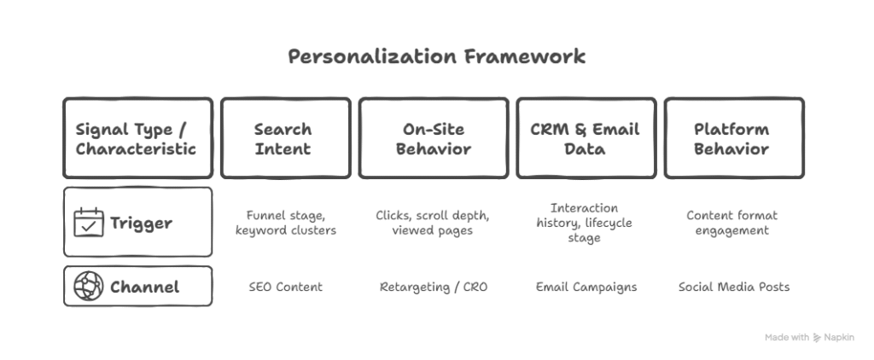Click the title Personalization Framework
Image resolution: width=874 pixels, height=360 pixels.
[x=436, y=56]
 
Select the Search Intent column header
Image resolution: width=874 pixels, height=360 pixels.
[x=285, y=138]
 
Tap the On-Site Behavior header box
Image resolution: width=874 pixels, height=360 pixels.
[x=433, y=138]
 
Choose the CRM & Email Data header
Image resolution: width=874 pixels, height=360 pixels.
[x=586, y=138]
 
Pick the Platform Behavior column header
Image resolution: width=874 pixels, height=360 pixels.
[x=733, y=138]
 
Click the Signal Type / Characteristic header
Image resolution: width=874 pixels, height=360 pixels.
[x=137, y=138]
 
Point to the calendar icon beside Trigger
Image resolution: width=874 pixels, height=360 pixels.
[x=89, y=223]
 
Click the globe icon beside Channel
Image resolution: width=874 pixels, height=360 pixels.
[x=89, y=287]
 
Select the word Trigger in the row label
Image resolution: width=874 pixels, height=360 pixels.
[x=141, y=223]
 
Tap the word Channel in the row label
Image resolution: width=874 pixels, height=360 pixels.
[x=144, y=287]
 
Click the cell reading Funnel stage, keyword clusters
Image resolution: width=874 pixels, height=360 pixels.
[x=285, y=223]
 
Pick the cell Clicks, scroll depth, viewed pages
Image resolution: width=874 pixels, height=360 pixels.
[x=433, y=223]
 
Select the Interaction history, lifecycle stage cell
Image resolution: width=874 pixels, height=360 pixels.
[x=584, y=223]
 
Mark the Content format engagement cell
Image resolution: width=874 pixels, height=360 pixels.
[x=731, y=223]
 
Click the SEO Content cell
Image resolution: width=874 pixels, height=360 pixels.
[x=285, y=287]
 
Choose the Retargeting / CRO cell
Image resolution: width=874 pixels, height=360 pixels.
[x=433, y=287]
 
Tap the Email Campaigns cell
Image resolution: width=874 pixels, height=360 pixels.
[x=586, y=287]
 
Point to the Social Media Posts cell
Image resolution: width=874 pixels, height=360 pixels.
[x=733, y=287]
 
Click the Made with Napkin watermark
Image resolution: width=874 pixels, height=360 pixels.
[x=809, y=337]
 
